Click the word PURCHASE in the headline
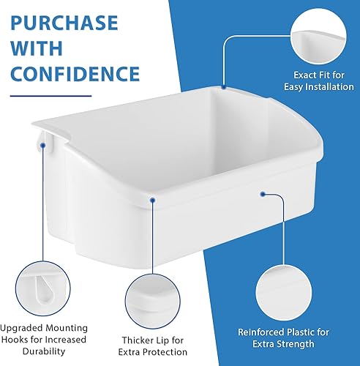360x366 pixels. point(65,23)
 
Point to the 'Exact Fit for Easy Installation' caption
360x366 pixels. point(318,81)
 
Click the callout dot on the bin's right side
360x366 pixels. point(262,195)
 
